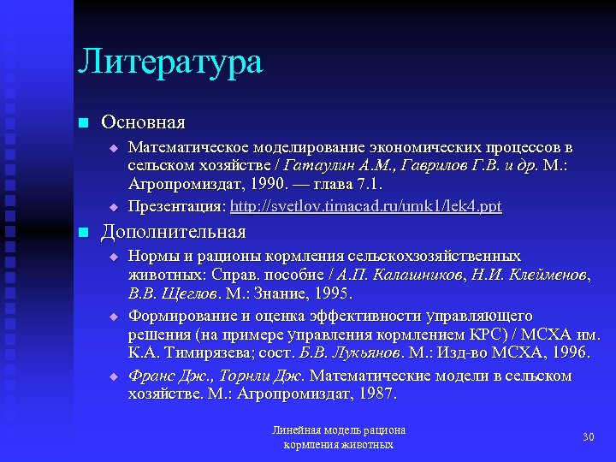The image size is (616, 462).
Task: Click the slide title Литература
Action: tap(170, 62)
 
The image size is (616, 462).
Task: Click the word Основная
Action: tap(144, 123)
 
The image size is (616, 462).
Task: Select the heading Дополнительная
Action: tap(174, 232)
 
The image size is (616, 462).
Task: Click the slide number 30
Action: tap(588, 437)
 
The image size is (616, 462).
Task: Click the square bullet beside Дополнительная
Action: tap(82, 233)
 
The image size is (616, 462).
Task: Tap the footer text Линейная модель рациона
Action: tap(338, 430)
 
